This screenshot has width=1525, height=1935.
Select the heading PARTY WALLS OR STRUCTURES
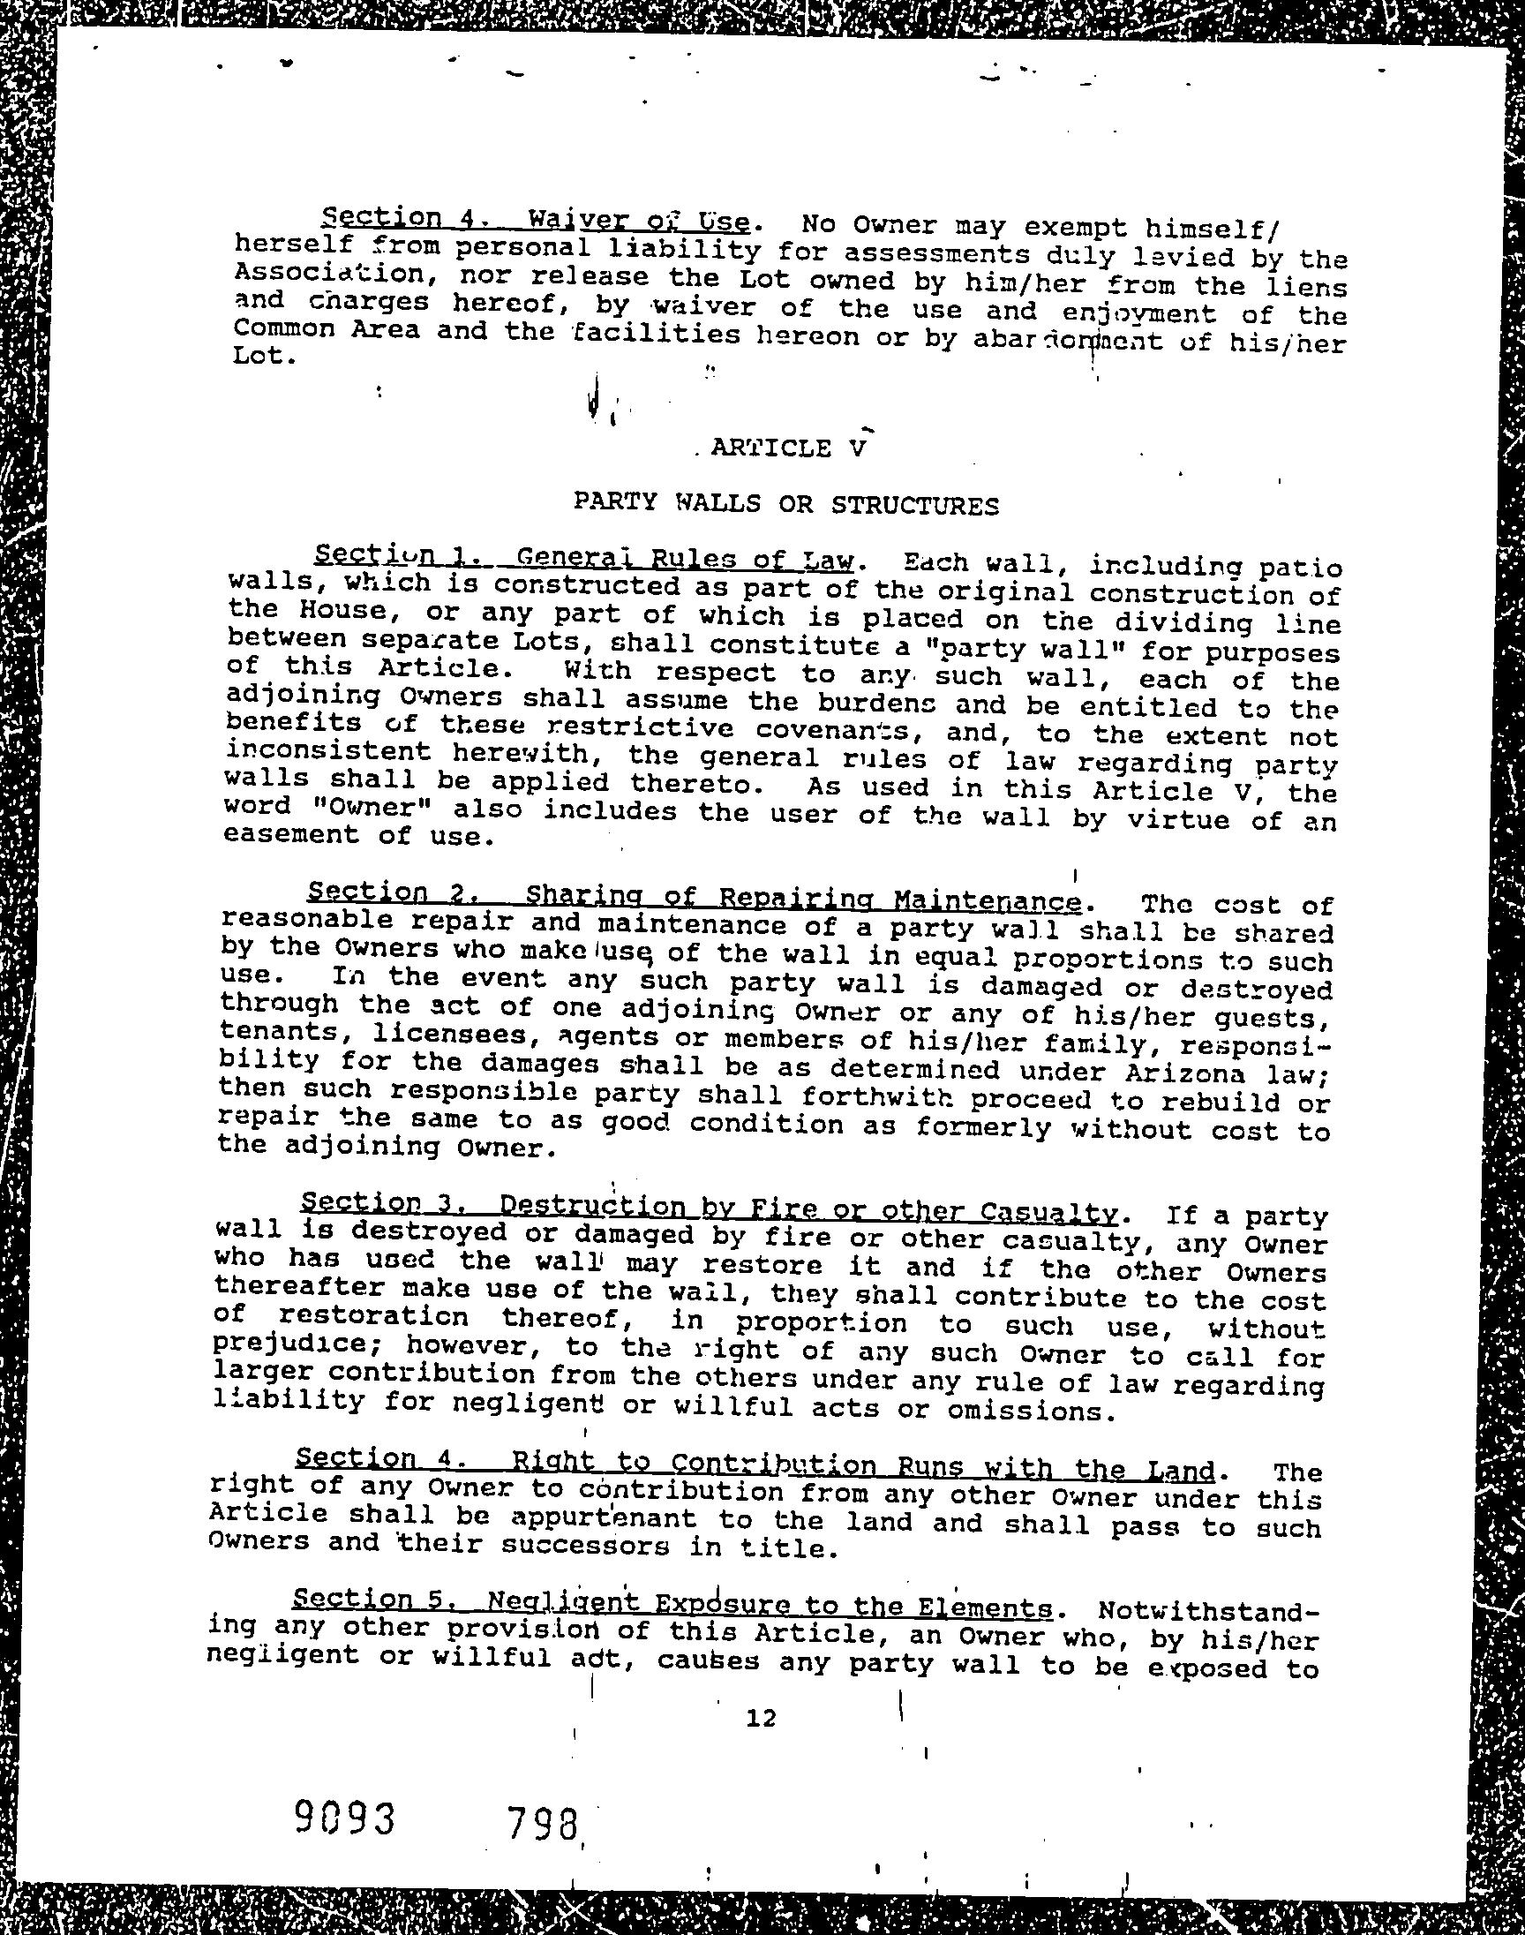point(785,505)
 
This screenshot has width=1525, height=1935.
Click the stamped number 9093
point(345,1815)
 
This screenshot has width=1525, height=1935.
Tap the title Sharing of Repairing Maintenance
point(803,898)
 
